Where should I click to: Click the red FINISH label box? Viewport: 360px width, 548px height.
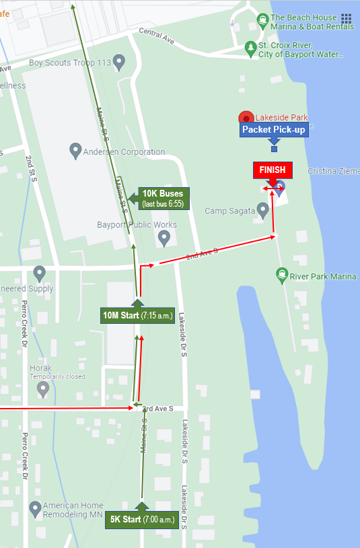pyautogui.click(x=273, y=170)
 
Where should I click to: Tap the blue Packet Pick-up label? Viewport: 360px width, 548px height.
pyautogui.click(x=274, y=130)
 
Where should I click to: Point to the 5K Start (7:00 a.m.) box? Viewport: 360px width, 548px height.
pyautogui.click(x=142, y=520)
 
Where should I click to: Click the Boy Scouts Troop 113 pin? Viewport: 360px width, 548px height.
pyautogui.click(x=119, y=63)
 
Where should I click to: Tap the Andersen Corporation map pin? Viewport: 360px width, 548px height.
pyautogui.click(x=76, y=151)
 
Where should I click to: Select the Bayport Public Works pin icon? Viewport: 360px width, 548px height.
pyautogui.click(x=164, y=237)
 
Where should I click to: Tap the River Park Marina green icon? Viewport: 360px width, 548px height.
pyautogui.click(x=283, y=275)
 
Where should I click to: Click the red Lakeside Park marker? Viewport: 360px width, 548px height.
pyautogui.click(x=246, y=118)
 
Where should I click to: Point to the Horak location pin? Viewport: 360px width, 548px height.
pyautogui.click(x=43, y=388)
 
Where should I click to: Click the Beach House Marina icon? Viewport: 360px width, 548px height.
pyautogui.click(x=262, y=19)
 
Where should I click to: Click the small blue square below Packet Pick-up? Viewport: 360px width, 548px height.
pyautogui.click(x=274, y=149)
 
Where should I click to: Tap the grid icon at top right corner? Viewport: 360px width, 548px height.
pyautogui.click(x=346, y=19)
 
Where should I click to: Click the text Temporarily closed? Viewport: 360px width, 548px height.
pyautogui.click(x=57, y=377)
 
